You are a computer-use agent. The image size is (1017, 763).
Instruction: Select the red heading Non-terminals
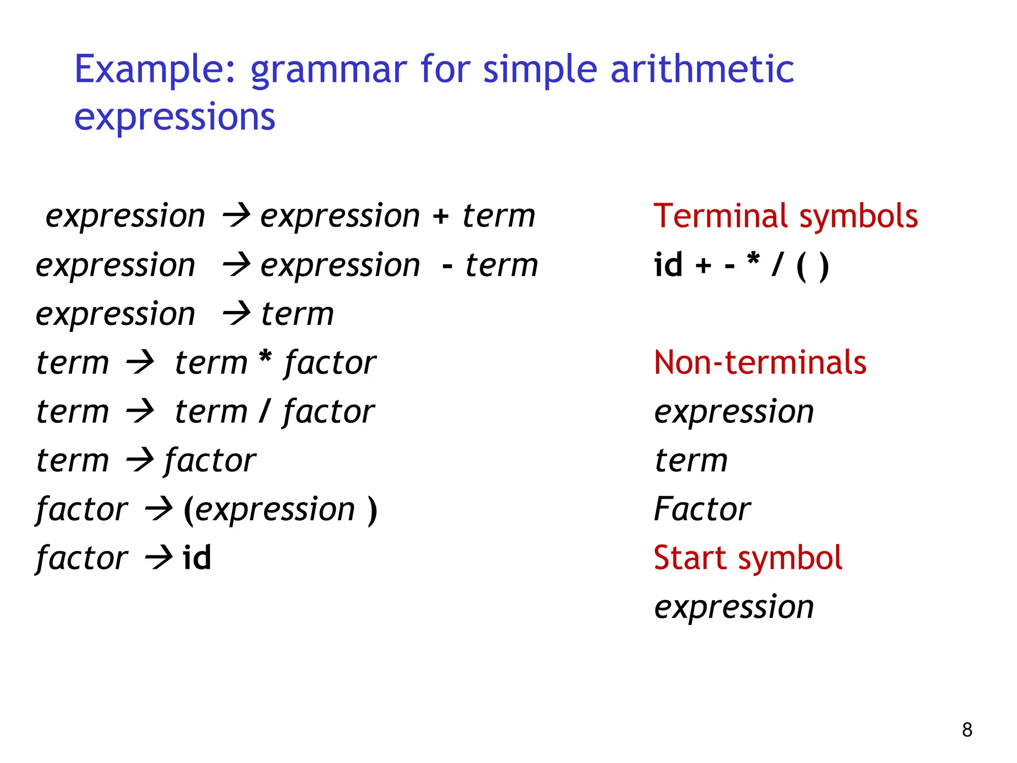point(760,363)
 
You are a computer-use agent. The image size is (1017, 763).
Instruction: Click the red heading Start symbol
point(748,558)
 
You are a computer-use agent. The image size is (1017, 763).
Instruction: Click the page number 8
point(967,730)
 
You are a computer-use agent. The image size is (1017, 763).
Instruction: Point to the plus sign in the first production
point(440,217)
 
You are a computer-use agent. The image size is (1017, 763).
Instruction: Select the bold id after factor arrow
point(197,557)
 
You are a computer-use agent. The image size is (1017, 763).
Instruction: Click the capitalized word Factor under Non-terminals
point(702,509)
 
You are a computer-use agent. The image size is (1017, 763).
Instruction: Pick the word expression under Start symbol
point(734,607)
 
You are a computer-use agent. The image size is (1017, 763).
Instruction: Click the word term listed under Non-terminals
point(691,460)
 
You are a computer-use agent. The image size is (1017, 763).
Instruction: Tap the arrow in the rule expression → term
point(236,314)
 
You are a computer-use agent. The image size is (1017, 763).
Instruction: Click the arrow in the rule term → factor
point(140,460)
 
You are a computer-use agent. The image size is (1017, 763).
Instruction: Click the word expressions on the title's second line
point(174,117)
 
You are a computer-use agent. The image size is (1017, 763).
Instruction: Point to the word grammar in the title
point(328,70)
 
